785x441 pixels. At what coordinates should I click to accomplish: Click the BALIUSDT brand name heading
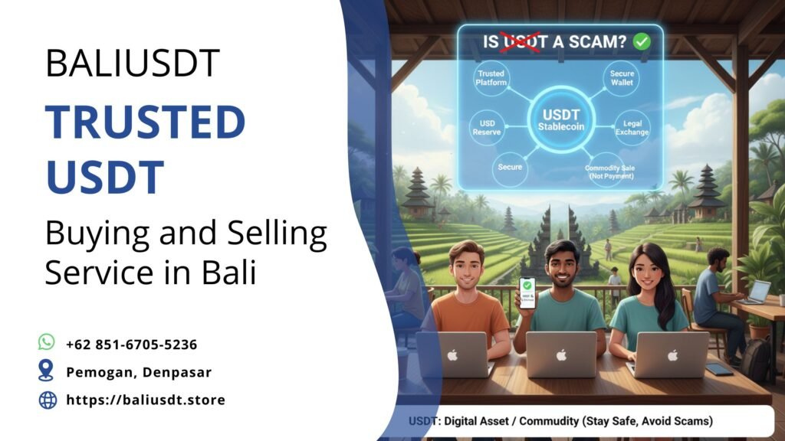pyautogui.click(x=132, y=63)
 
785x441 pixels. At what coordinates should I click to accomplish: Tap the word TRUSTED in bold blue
pyautogui.click(x=145, y=122)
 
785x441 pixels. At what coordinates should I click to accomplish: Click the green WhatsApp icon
pyautogui.click(x=47, y=343)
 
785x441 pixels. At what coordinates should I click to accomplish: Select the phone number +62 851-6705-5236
pyautogui.click(x=131, y=345)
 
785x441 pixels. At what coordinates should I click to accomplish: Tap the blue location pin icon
pyautogui.click(x=47, y=371)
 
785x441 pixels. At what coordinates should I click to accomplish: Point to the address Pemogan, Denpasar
pyautogui.click(x=139, y=372)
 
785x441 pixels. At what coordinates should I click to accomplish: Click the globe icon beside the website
pyautogui.click(x=48, y=400)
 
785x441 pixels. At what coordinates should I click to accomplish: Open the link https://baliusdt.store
pyautogui.click(x=146, y=400)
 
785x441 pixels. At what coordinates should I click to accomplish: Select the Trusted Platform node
pyautogui.click(x=492, y=78)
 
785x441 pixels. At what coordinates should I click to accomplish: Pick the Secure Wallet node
pyautogui.click(x=622, y=78)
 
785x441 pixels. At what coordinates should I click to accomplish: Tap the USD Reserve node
pyautogui.click(x=487, y=126)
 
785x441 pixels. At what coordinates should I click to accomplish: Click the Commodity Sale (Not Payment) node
pyautogui.click(x=609, y=172)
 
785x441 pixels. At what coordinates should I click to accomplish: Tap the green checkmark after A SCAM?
pyautogui.click(x=642, y=41)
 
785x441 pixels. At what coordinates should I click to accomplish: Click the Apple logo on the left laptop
pyautogui.click(x=452, y=354)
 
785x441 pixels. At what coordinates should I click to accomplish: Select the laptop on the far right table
pyautogui.click(x=757, y=292)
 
